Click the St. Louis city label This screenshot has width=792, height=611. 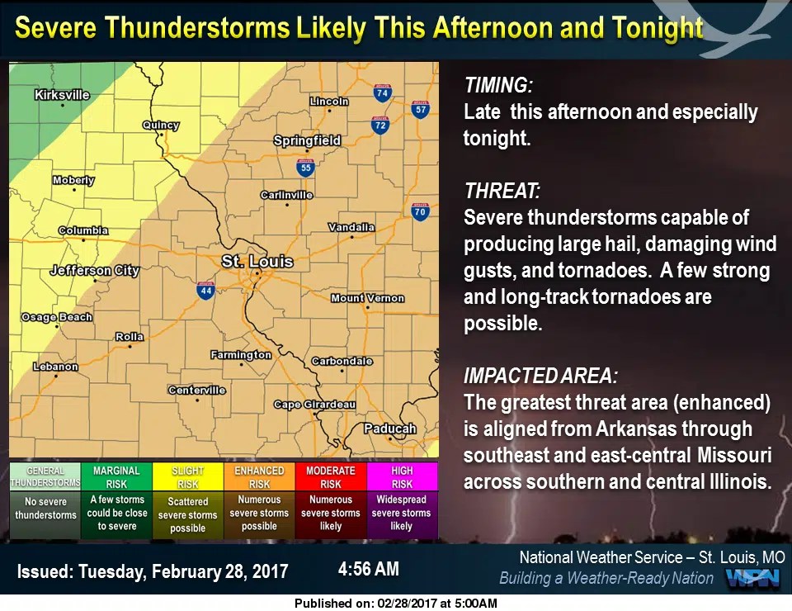click(257, 262)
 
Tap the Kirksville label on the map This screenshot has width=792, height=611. click(62, 95)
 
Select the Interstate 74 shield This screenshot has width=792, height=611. click(381, 92)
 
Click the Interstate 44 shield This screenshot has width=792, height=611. click(205, 290)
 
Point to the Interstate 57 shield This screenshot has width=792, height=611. click(421, 108)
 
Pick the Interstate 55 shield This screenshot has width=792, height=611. click(306, 168)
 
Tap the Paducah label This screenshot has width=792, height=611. click(390, 429)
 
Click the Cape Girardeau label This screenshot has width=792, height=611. click(314, 405)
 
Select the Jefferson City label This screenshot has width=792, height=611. click(94, 270)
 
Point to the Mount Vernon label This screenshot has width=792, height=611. click(367, 298)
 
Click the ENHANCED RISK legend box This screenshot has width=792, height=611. click(259, 477)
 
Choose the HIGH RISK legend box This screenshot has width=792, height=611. click(402, 477)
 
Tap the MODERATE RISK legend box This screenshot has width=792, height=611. click(330, 477)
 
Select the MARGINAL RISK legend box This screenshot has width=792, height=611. click(116, 477)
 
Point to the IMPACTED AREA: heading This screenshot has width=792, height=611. click(540, 377)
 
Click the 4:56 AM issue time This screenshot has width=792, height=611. click(368, 569)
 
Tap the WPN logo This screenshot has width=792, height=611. click(752, 578)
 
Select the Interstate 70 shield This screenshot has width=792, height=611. click(420, 210)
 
